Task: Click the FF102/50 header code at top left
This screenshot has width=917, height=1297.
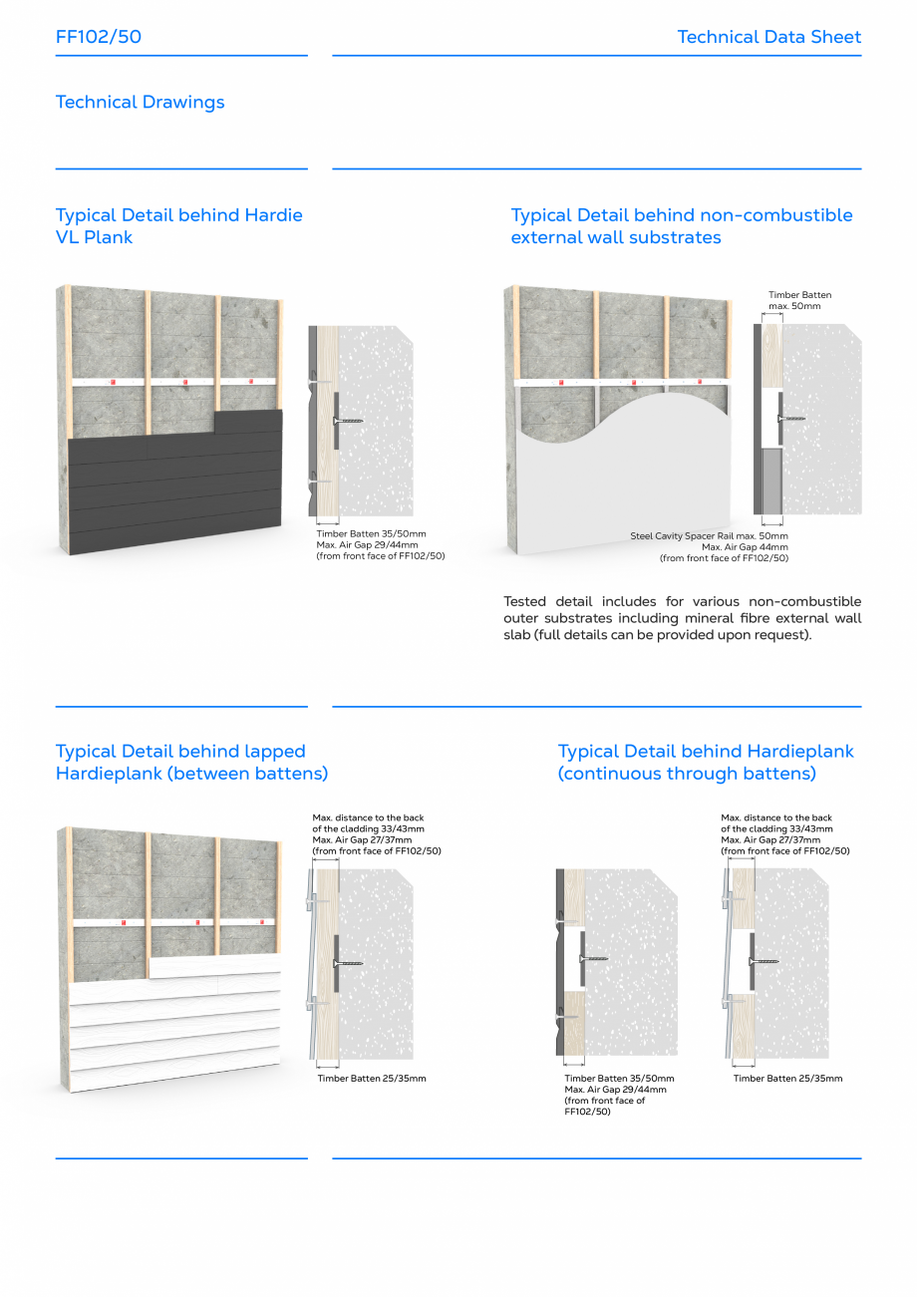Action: coord(99,37)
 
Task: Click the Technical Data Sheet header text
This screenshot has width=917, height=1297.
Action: coord(768,37)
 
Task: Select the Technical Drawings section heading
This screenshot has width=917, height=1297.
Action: coord(141,102)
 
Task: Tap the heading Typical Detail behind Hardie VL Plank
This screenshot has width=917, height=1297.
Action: coord(178,226)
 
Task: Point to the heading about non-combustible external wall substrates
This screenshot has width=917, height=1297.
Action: coord(682,226)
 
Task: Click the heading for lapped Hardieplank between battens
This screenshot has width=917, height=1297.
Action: coord(191,763)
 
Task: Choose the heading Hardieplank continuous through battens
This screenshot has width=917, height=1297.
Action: coord(706,763)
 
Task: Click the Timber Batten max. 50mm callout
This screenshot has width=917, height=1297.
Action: coord(799,299)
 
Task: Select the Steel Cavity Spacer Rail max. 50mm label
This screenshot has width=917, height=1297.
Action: coord(709,536)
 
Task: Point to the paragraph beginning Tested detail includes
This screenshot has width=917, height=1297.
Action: coord(682,618)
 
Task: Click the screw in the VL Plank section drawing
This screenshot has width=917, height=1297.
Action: coord(348,421)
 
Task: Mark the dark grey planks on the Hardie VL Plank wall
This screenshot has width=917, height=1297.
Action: coord(174,488)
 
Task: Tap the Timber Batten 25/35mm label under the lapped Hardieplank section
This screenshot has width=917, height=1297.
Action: coord(372,1079)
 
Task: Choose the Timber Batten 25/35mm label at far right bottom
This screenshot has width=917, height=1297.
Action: coord(787,1079)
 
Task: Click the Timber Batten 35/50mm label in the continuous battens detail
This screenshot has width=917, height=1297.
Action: coord(619,1079)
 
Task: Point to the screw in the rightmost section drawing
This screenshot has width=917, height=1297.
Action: coord(764,962)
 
